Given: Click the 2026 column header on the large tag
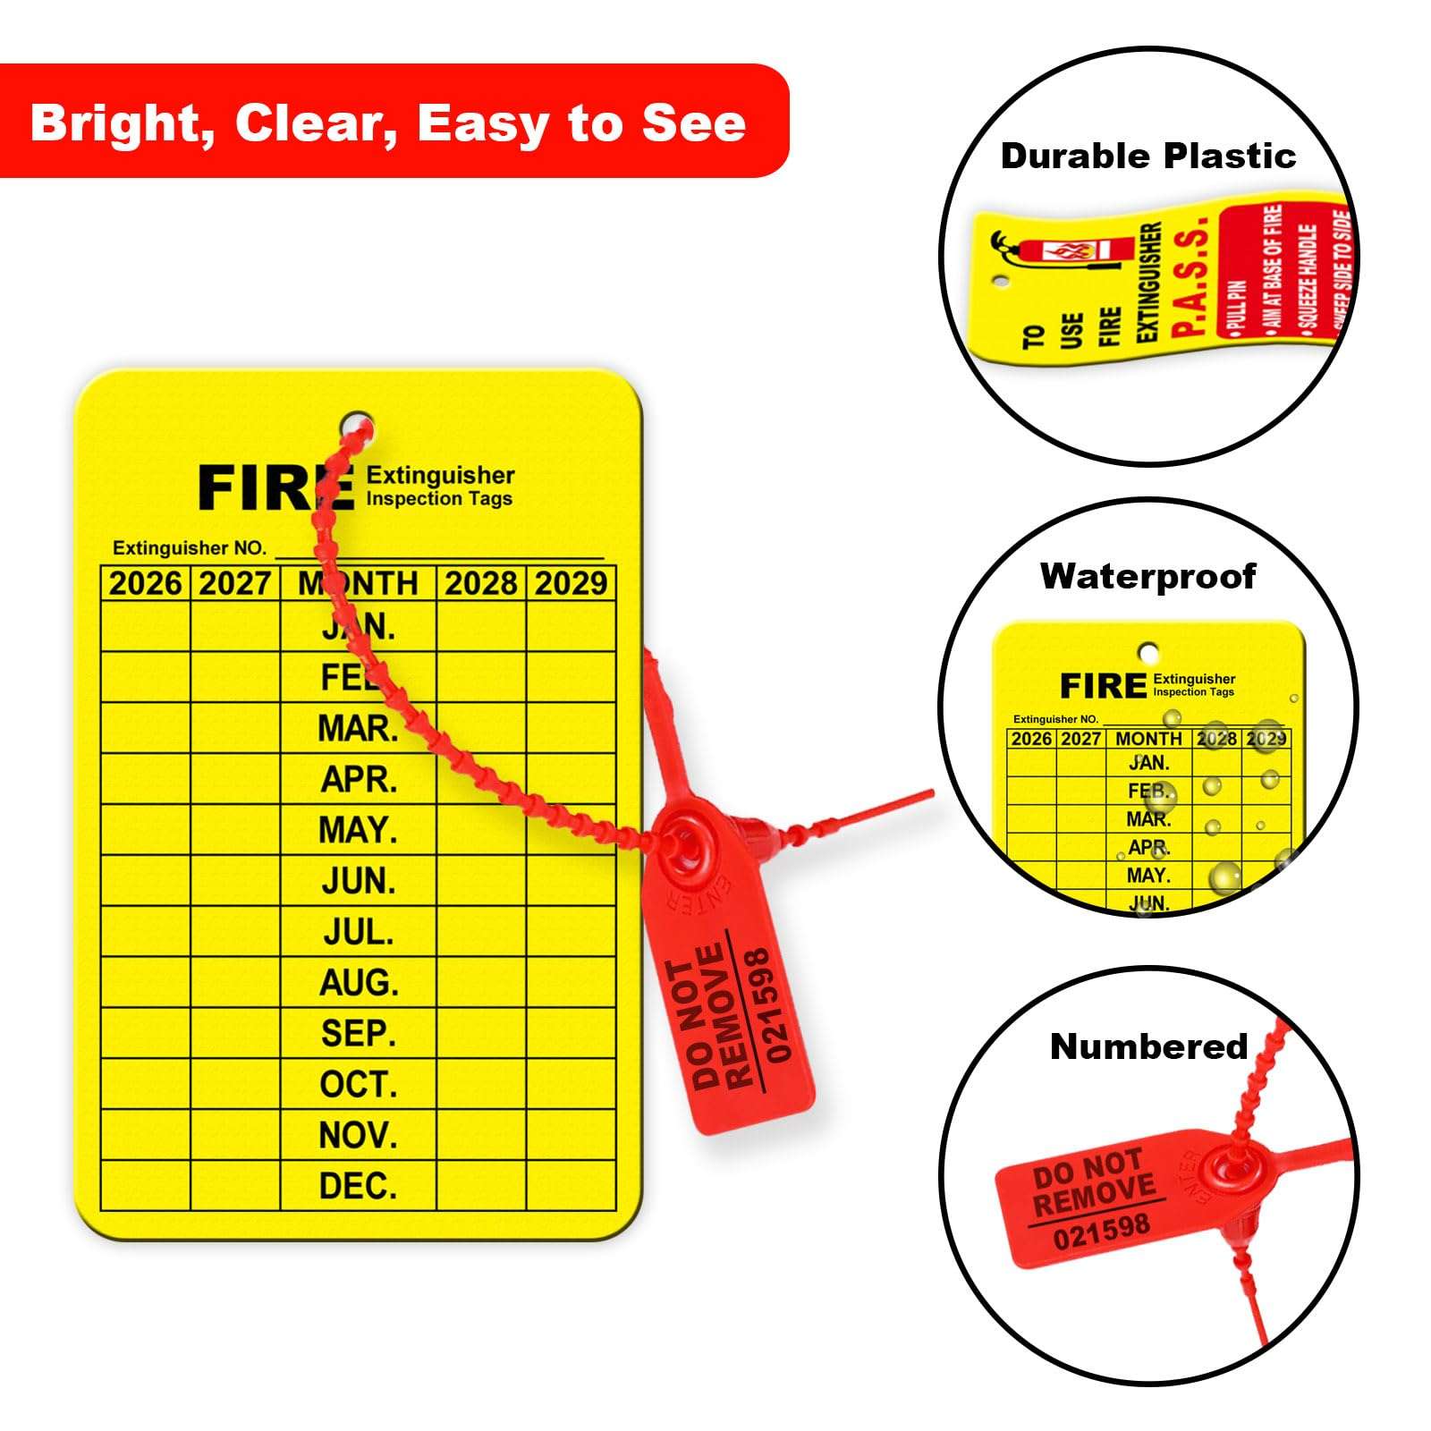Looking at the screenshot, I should (x=146, y=584).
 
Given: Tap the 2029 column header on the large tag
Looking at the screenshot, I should (x=571, y=584).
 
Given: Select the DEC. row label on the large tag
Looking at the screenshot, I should (x=358, y=1186).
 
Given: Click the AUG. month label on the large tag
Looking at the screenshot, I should (x=359, y=983).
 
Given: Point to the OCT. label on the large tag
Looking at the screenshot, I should (x=358, y=1085).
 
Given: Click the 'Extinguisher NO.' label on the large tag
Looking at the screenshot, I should (x=190, y=548).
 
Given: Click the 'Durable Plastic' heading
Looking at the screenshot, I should (x=1148, y=157).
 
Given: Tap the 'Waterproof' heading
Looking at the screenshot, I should (x=1148, y=577).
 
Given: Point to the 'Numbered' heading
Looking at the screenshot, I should (x=1148, y=1046).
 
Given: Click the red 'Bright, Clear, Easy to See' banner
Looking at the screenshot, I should (x=388, y=122).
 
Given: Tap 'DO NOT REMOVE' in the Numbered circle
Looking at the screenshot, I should (x=1093, y=1181).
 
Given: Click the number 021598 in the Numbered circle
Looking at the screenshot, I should (x=1101, y=1232).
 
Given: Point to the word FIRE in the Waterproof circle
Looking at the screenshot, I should (x=1103, y=687).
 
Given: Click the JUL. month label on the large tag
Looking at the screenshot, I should (x=358, y=933).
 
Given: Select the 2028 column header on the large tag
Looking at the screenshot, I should (x=481, y=584).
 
